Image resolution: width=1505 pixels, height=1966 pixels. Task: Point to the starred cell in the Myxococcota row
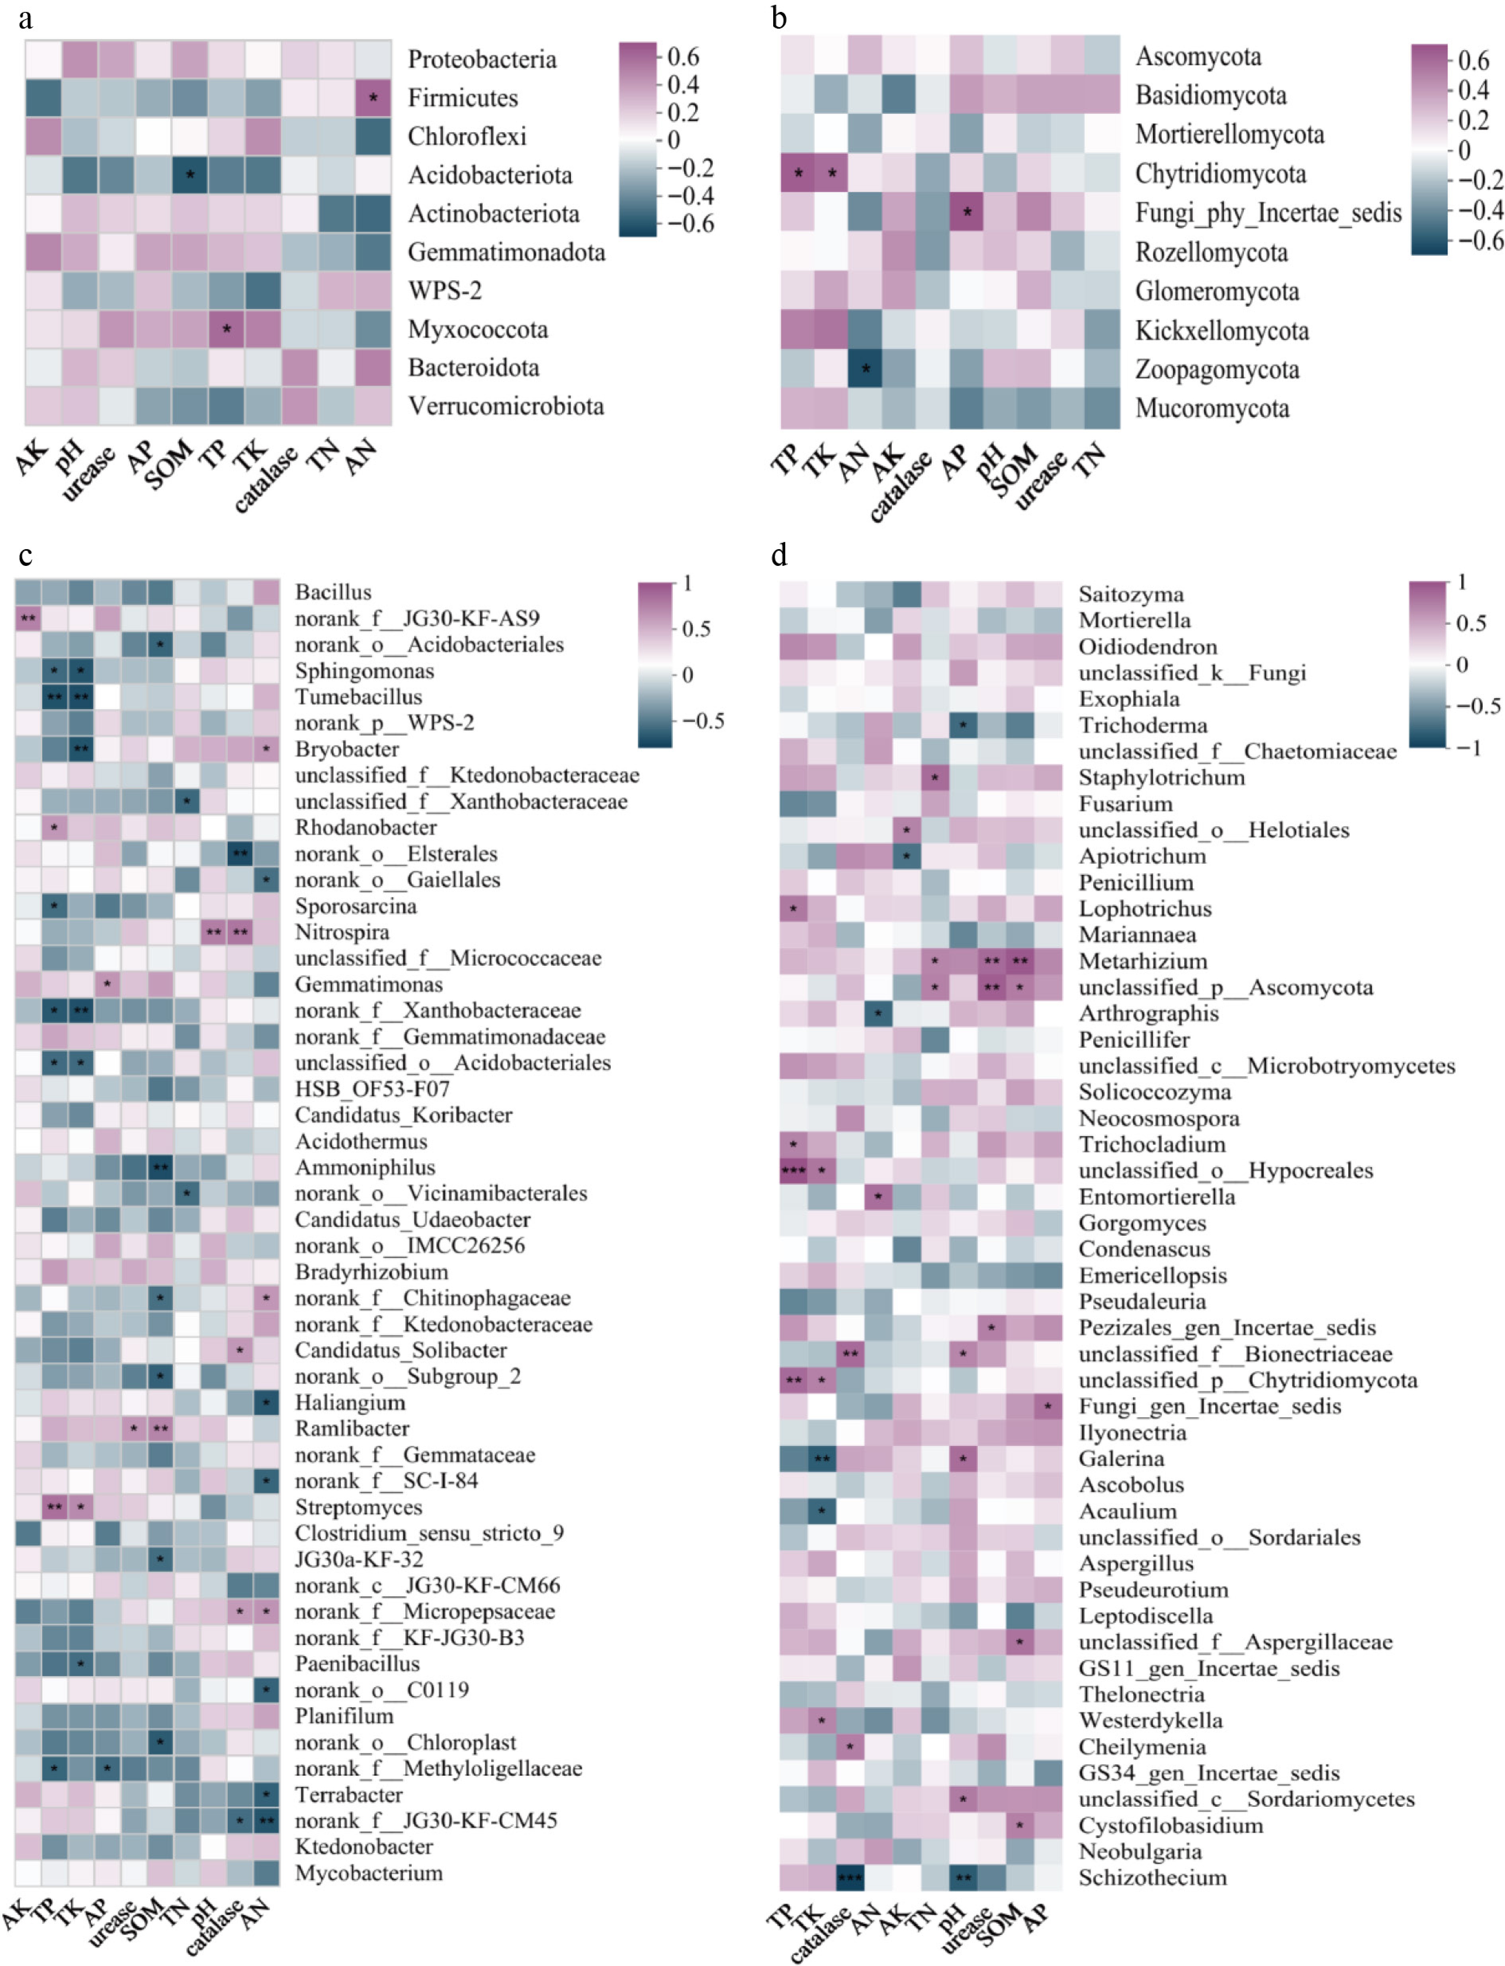tap(227, 329)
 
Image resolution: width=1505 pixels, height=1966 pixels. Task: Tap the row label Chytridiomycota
tap(1220, 174)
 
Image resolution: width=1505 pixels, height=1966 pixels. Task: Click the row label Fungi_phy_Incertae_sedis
tap(1268, 213)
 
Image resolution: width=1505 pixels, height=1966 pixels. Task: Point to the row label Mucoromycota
tap(1212, 409)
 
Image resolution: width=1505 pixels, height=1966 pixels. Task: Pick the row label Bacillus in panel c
tap(333, 592)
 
